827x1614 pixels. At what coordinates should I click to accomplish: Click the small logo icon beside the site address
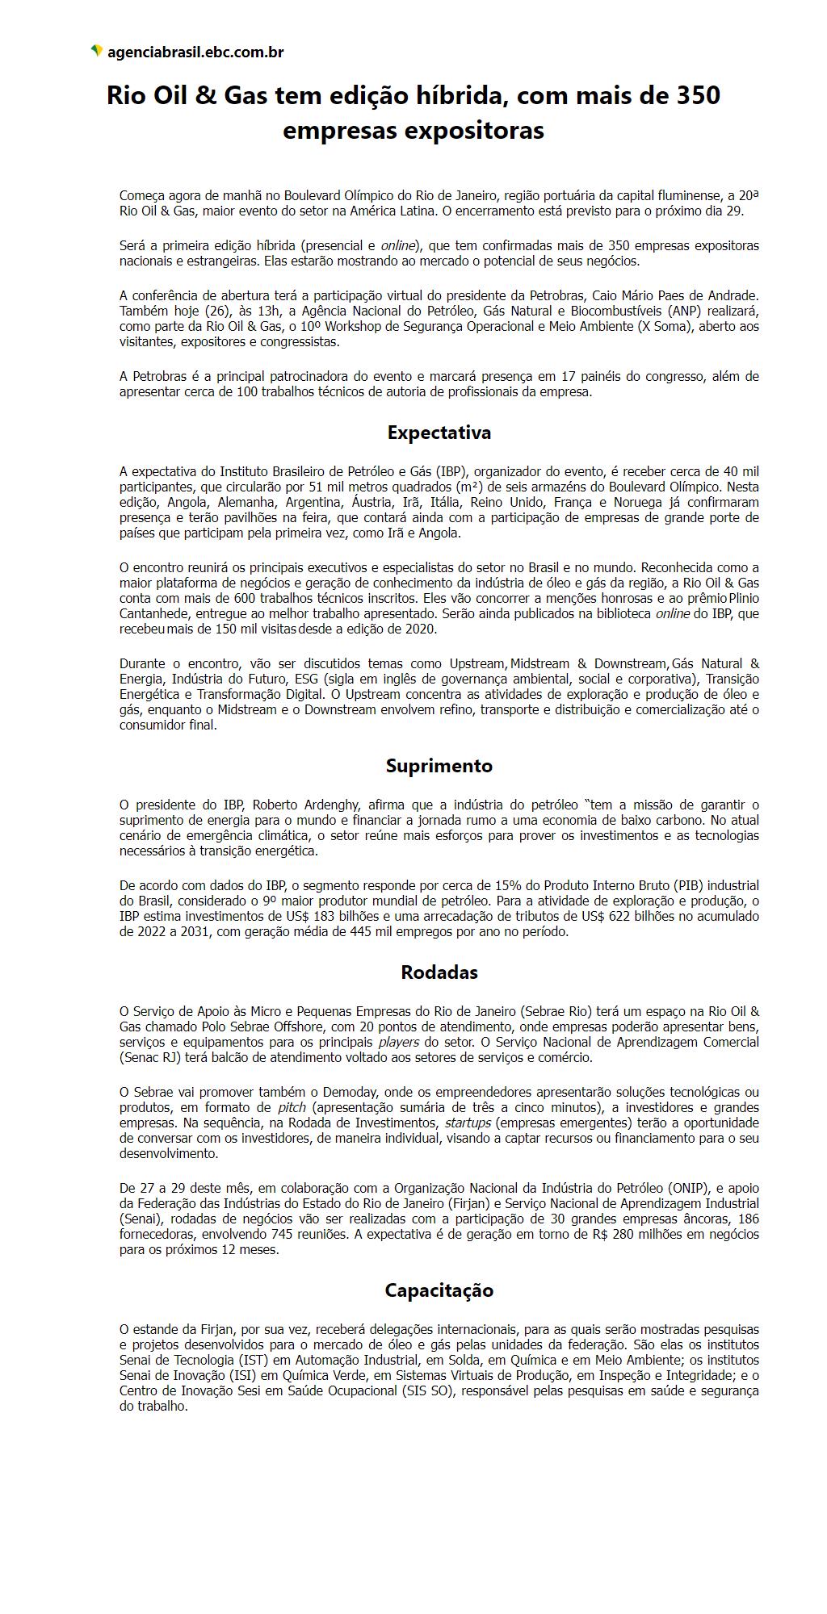(x=97, y=52)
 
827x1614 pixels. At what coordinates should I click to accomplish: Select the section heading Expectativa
(x=439, y=433)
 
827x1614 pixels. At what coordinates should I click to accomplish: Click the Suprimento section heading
(x=439, y=766)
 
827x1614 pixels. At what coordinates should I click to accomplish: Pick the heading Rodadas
(x=439, y=972)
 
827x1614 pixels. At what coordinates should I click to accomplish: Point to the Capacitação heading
(x=439, y=1290)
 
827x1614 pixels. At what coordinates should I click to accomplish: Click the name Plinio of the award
(x=743, y=599)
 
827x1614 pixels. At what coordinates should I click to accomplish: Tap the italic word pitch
(x=291, y=1108)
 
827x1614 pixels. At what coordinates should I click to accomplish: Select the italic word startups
(x=468, y=1123)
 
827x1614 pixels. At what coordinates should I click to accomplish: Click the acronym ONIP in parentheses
(x=688, y=1189)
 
